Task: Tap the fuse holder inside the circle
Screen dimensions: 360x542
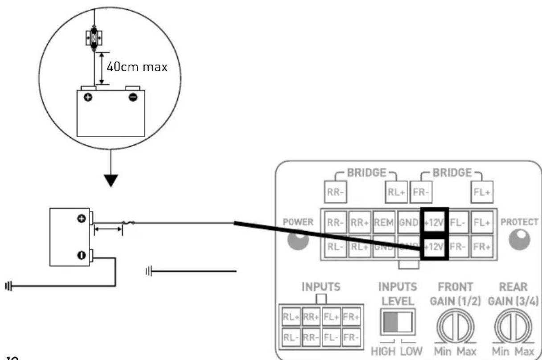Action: [94, 37]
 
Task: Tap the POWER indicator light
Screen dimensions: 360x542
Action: [298, 240]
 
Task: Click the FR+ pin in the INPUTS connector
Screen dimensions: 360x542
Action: [351, 317]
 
